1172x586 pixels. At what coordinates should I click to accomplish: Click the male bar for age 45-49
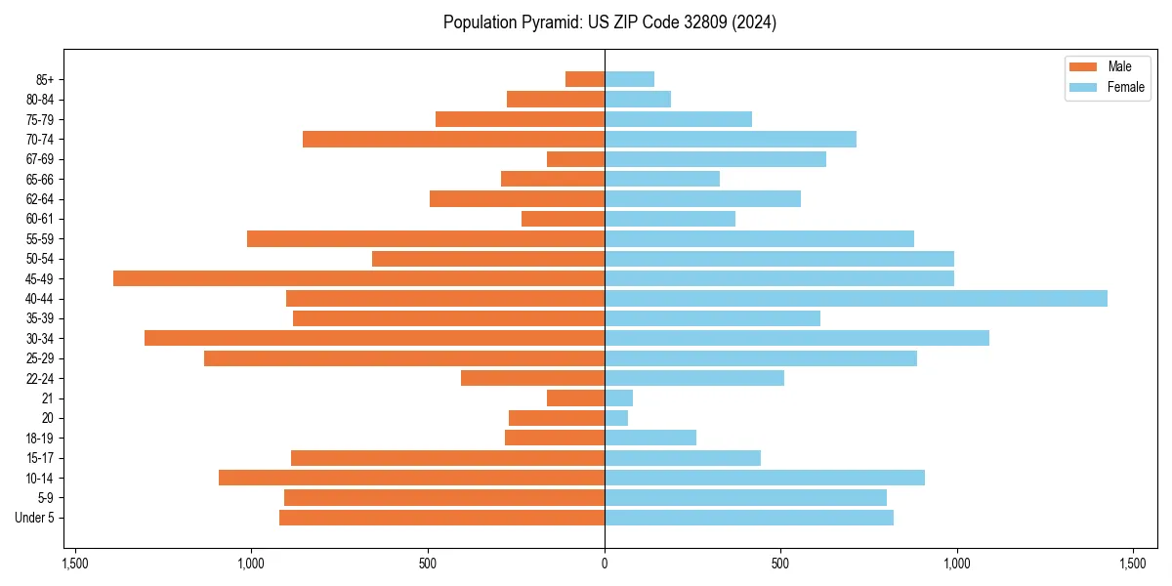point(358,278)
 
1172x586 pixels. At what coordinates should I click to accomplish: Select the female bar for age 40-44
point(856,298)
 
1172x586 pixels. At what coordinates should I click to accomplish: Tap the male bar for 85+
point(585,79)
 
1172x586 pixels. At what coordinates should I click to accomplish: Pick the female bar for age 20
point(616,418)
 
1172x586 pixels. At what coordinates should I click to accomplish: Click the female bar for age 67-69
point(715,159)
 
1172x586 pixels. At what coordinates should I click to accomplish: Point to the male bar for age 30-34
point(374,338)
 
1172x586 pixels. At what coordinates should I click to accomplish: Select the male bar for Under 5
point(441,518)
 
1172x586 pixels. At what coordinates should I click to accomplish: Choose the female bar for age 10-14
point(765,478)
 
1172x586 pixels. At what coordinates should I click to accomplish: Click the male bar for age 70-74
point(453,139)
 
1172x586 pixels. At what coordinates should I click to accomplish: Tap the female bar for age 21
point(618,398)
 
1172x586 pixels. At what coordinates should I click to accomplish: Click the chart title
point(609,22)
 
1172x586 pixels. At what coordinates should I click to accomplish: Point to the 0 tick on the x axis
point(605,564)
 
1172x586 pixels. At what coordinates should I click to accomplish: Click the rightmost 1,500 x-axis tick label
point(1133,564)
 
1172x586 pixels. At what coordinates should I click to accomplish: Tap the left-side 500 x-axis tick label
point(428,564)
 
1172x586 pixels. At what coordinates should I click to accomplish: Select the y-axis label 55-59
point(40,238)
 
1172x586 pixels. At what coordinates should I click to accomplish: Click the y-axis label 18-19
point(40,438)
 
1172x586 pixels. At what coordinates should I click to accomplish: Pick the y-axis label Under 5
point(35,518)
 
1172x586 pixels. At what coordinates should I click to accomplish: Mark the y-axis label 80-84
point(40,99)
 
